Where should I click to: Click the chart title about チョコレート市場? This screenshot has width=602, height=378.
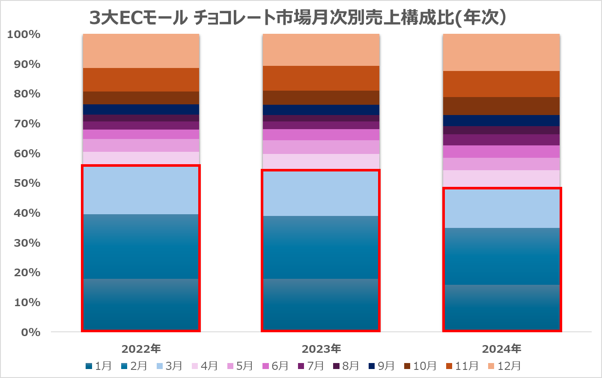click(x=298, y=18)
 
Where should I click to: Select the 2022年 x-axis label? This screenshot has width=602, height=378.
click(x=141, y=349)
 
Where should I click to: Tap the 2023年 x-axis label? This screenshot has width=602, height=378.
click(x=322, y=349)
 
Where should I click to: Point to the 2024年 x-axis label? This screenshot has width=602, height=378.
click(x=502, y=349)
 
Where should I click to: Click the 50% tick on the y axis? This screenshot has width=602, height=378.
click(x=27, y=183)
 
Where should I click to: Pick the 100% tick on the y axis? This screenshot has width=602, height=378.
click(x=24, y=34)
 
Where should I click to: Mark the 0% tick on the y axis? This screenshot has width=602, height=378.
click(x=30, y=332)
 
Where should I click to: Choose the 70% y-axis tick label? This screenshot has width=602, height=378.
click(x=27, y=124)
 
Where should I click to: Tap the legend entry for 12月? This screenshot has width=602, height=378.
click(x=504, y=366)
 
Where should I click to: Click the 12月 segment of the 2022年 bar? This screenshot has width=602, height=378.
click(x=141, y=51)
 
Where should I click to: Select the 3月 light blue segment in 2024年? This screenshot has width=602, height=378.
click(x=501, y=208)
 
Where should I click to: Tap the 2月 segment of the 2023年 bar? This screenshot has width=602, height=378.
click(x=321, y=247)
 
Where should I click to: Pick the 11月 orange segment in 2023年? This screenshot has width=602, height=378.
click(x=321, y=78)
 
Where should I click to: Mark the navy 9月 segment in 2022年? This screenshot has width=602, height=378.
click(x=141, y=109)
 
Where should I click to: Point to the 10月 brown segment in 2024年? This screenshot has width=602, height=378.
click(x=501, y=106)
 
